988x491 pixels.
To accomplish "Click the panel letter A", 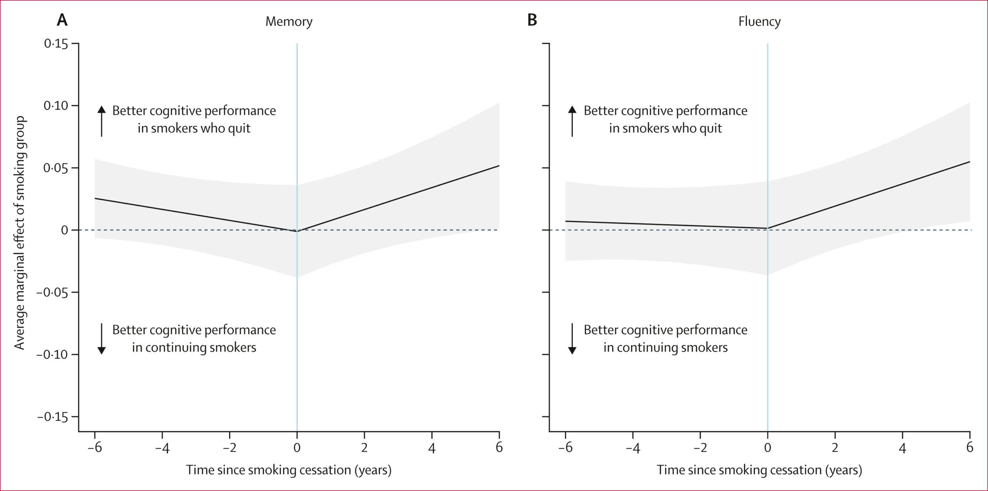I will [62, 20].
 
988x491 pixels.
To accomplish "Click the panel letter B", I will [532, 20].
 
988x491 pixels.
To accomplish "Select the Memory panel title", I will [289, 22].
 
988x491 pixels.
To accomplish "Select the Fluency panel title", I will [759, 22].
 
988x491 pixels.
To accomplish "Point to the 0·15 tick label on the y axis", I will [56, 44].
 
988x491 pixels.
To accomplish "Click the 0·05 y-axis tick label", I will [56, 168].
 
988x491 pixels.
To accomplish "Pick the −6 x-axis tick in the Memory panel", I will [95, 447].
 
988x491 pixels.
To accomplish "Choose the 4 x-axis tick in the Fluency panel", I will [902, 447].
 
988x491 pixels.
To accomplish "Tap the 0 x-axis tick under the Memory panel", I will [297, 447].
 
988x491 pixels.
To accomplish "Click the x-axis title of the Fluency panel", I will [759, 470].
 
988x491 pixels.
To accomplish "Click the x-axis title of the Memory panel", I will [289, 470].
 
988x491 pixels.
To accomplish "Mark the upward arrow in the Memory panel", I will [102, 120].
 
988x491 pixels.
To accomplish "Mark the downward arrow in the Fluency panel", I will [572, 339].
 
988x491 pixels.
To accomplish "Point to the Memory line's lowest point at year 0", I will [297, 231].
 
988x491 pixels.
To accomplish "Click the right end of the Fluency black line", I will [969, 162].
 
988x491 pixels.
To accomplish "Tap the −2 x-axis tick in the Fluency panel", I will [700, 447].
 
